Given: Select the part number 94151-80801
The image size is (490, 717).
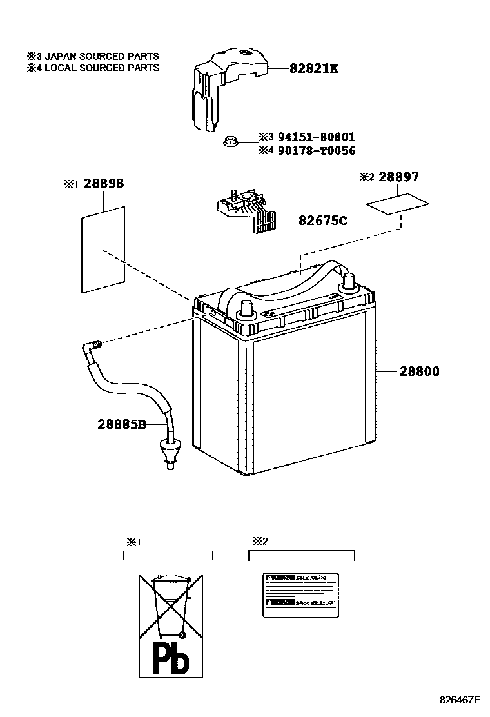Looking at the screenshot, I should [x=316, y=137].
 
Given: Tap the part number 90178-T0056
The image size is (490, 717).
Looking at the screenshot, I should [x=316, y=151].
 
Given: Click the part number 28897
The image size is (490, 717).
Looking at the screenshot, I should [x=398, y=177].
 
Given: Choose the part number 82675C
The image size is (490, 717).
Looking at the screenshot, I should [x=322, y=221].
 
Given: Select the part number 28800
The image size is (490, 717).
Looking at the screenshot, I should [x=418, y=371].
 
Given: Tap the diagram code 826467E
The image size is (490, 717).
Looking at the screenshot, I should [x=460, y=700].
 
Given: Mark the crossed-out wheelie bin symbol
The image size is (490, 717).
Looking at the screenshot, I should [x=170, y=607].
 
